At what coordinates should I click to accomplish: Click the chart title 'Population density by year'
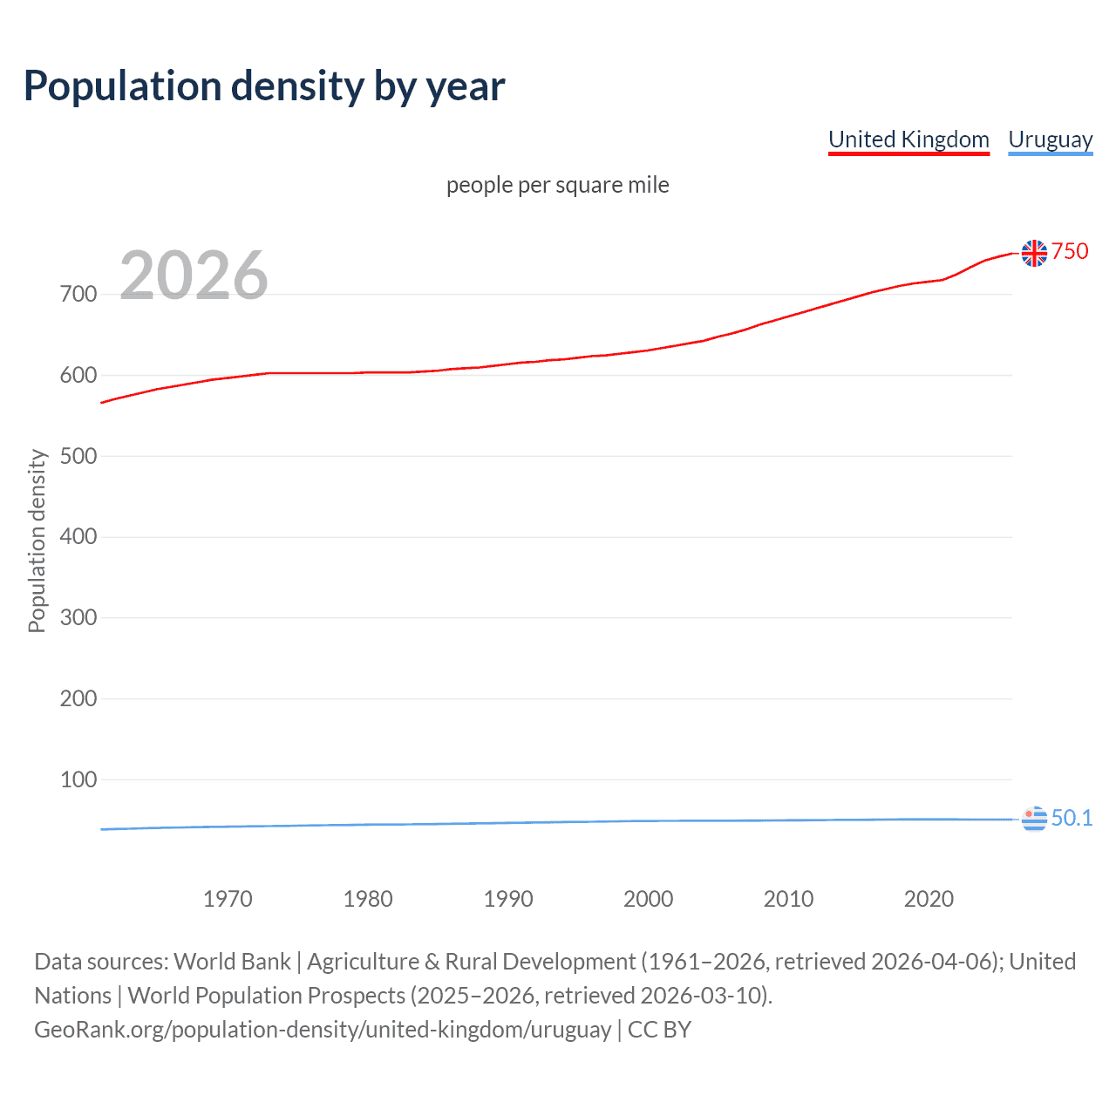pos(264,86)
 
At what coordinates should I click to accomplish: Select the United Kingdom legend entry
pos(908,139)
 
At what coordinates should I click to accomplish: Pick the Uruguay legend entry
pos(1050,139)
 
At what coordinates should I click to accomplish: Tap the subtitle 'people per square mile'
pos(557,185)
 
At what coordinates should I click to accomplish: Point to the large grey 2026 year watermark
pos(194,276)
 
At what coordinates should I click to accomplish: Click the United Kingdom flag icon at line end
pos(1034,253)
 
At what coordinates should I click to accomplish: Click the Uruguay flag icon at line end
pos(1034,819)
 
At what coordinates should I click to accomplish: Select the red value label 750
pos(1070,251)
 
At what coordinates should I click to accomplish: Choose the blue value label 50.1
pos(1072,818)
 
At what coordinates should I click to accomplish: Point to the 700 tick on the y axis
pos(78,294)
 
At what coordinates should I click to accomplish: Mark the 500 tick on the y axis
pos(78,456)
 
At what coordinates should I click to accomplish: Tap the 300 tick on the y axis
pos(78,617)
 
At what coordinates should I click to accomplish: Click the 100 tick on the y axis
pos(78,779)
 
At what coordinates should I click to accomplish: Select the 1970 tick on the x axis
pos(228,899)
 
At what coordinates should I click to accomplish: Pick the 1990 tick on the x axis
pos(508,899)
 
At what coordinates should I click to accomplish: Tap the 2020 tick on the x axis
pos(929,899)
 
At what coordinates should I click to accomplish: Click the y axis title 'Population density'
pos(37,541)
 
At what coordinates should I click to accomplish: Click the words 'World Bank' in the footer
pos(232,962)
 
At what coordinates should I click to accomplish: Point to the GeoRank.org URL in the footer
pos(323,1030)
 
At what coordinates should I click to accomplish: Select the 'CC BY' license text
pos(659,1030)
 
